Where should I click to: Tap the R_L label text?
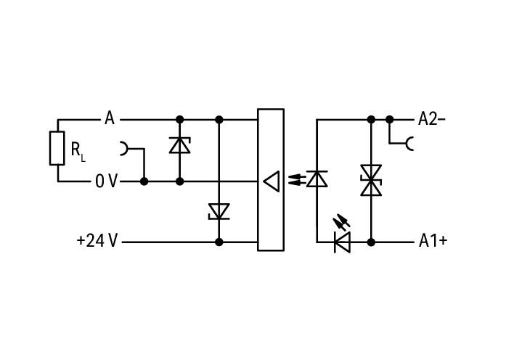78,152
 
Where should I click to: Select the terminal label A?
110,118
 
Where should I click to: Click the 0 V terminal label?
106,181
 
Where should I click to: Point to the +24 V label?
97,241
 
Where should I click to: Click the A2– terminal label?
432,119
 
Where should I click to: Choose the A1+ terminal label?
433,241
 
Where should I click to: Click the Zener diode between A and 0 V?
180,145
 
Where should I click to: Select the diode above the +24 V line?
219,212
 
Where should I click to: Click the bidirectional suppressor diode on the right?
371,180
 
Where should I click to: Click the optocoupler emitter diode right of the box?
317,179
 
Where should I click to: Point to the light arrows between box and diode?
296,180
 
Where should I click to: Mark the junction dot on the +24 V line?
219,242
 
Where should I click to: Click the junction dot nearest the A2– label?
390,120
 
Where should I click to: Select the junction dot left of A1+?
371,242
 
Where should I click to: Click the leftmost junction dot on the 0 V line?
144,181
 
